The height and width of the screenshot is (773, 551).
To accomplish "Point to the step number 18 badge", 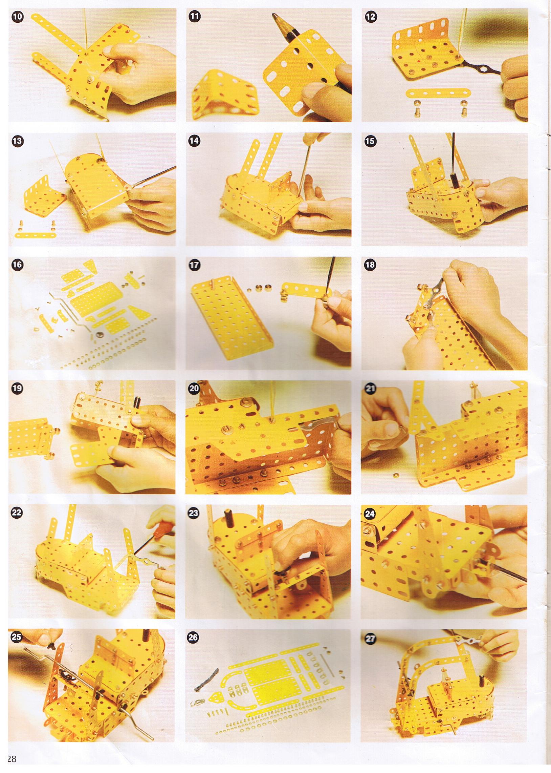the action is (370, 265).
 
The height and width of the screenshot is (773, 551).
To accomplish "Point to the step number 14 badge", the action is (194, 141).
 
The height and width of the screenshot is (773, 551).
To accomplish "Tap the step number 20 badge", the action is (194, 389).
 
